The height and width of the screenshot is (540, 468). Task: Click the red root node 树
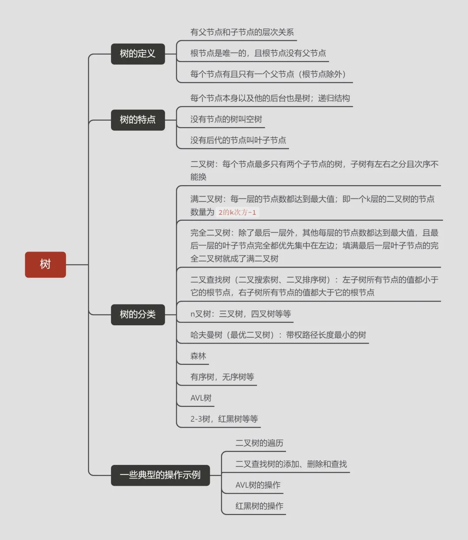point(45,265)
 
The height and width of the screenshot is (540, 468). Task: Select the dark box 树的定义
point(138,54)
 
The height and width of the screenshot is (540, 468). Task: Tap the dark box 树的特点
point(138,120)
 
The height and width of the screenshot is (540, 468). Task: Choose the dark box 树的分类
point(138,314)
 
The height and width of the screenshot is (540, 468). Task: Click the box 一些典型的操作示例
point(160,475)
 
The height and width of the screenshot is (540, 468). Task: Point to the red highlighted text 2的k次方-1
point(237,213)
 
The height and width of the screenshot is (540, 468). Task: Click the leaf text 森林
point(198,356)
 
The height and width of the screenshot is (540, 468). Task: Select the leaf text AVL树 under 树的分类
point(201,398)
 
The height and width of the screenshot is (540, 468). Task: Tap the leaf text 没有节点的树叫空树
point(226,119)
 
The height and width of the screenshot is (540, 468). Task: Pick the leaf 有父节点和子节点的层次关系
point(242,32)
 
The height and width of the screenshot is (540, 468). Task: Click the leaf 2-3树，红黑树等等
point(224,419)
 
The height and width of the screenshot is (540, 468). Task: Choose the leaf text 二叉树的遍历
point(259,443)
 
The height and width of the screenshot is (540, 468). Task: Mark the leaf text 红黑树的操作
point(259,506)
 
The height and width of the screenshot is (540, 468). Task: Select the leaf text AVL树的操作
point(258,485)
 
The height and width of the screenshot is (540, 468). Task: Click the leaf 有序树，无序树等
point(222,377)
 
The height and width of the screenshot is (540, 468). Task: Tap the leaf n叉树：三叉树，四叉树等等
point(241,314)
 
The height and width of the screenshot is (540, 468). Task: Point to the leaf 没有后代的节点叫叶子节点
point(238,140)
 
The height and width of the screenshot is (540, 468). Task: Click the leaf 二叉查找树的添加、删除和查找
point(291,464)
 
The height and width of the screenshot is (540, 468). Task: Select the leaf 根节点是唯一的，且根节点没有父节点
point(258,53)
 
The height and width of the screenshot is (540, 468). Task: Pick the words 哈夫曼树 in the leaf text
point(206,335)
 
